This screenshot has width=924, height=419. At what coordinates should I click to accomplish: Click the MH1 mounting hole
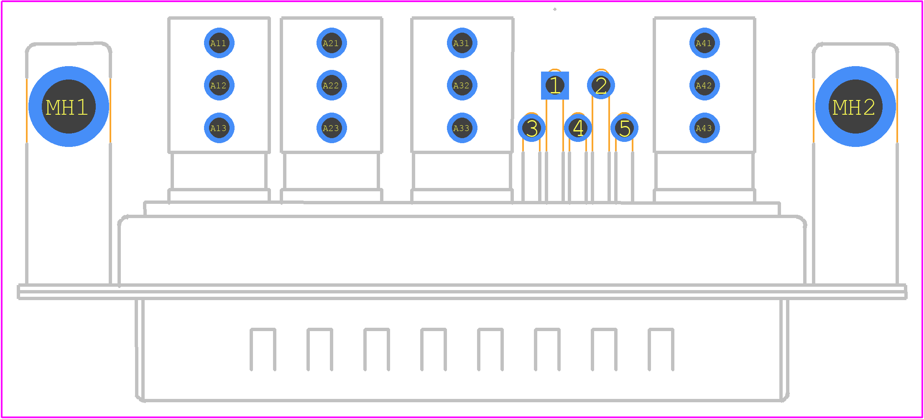coord(69,107)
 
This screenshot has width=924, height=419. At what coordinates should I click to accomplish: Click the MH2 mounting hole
coord(855,107)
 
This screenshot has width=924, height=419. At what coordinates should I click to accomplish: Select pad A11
coord(219,43)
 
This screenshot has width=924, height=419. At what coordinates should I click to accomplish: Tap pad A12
coord(219,85)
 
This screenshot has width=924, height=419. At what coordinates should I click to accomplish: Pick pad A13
coord(219,128)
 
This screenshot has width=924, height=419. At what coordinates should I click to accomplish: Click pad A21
coord(332,43)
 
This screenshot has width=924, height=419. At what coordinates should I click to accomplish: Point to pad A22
coord(332,85)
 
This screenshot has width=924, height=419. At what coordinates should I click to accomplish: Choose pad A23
coord(332,128)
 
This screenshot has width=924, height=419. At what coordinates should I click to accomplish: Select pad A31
coord(462,43)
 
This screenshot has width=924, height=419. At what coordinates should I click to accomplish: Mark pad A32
coord(462,85)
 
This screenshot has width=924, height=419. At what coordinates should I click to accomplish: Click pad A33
coord(462,128)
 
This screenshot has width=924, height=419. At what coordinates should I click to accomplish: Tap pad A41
coord(704,43)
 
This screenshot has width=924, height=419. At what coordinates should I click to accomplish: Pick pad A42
coord(704,85)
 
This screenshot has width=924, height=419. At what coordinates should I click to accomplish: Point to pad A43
coord(704,128)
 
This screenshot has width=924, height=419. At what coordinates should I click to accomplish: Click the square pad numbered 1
coord(555,85)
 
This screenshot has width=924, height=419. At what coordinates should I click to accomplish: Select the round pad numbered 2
coord(601,85)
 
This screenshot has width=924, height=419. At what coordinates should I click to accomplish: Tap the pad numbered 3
coord(531,128)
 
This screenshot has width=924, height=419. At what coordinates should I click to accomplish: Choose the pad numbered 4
coord(578,128)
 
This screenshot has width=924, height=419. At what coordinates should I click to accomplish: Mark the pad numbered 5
coord(624,128)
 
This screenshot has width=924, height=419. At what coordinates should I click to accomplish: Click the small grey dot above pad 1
coord(555,9)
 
